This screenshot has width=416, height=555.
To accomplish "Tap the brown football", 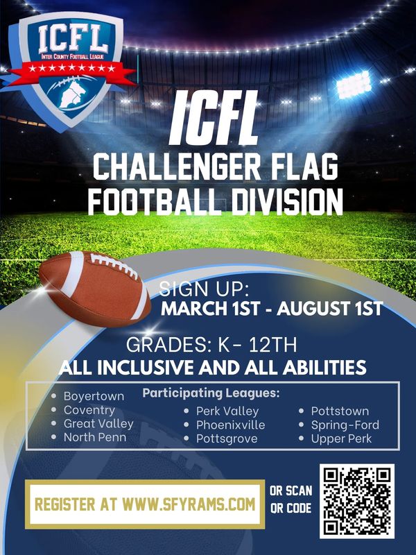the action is pyautogui.click(x=95, y=288).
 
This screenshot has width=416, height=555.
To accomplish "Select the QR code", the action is pyautogui.click(x=357, y=501).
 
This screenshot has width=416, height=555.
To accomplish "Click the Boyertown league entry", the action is pyautogui.click(x=94, y=396).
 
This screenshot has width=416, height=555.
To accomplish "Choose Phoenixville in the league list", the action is pyautogui.click(x=230, y=425).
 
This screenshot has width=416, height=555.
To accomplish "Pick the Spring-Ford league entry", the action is pyautogui.click(x=345, y=425).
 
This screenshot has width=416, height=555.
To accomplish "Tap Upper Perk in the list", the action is pyautogui.click(x=341, y=438).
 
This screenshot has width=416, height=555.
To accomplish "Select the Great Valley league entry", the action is pyautogui.click(x=98, y=424).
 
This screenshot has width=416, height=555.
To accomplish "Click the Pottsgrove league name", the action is pyautogui.click(x=227, y=439).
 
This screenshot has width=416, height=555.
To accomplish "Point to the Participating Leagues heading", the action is pyautogui.click(x=211, y=393).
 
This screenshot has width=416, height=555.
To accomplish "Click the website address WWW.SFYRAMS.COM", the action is pyautogui.click(x=189, y=504).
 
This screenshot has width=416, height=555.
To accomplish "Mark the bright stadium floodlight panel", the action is pyautogui.click(x=354, y=85).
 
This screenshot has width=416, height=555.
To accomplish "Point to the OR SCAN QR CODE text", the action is pyautogui.click(x=291, y=499).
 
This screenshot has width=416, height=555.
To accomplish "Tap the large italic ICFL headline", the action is pyautogui.click(x=214, y=118).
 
